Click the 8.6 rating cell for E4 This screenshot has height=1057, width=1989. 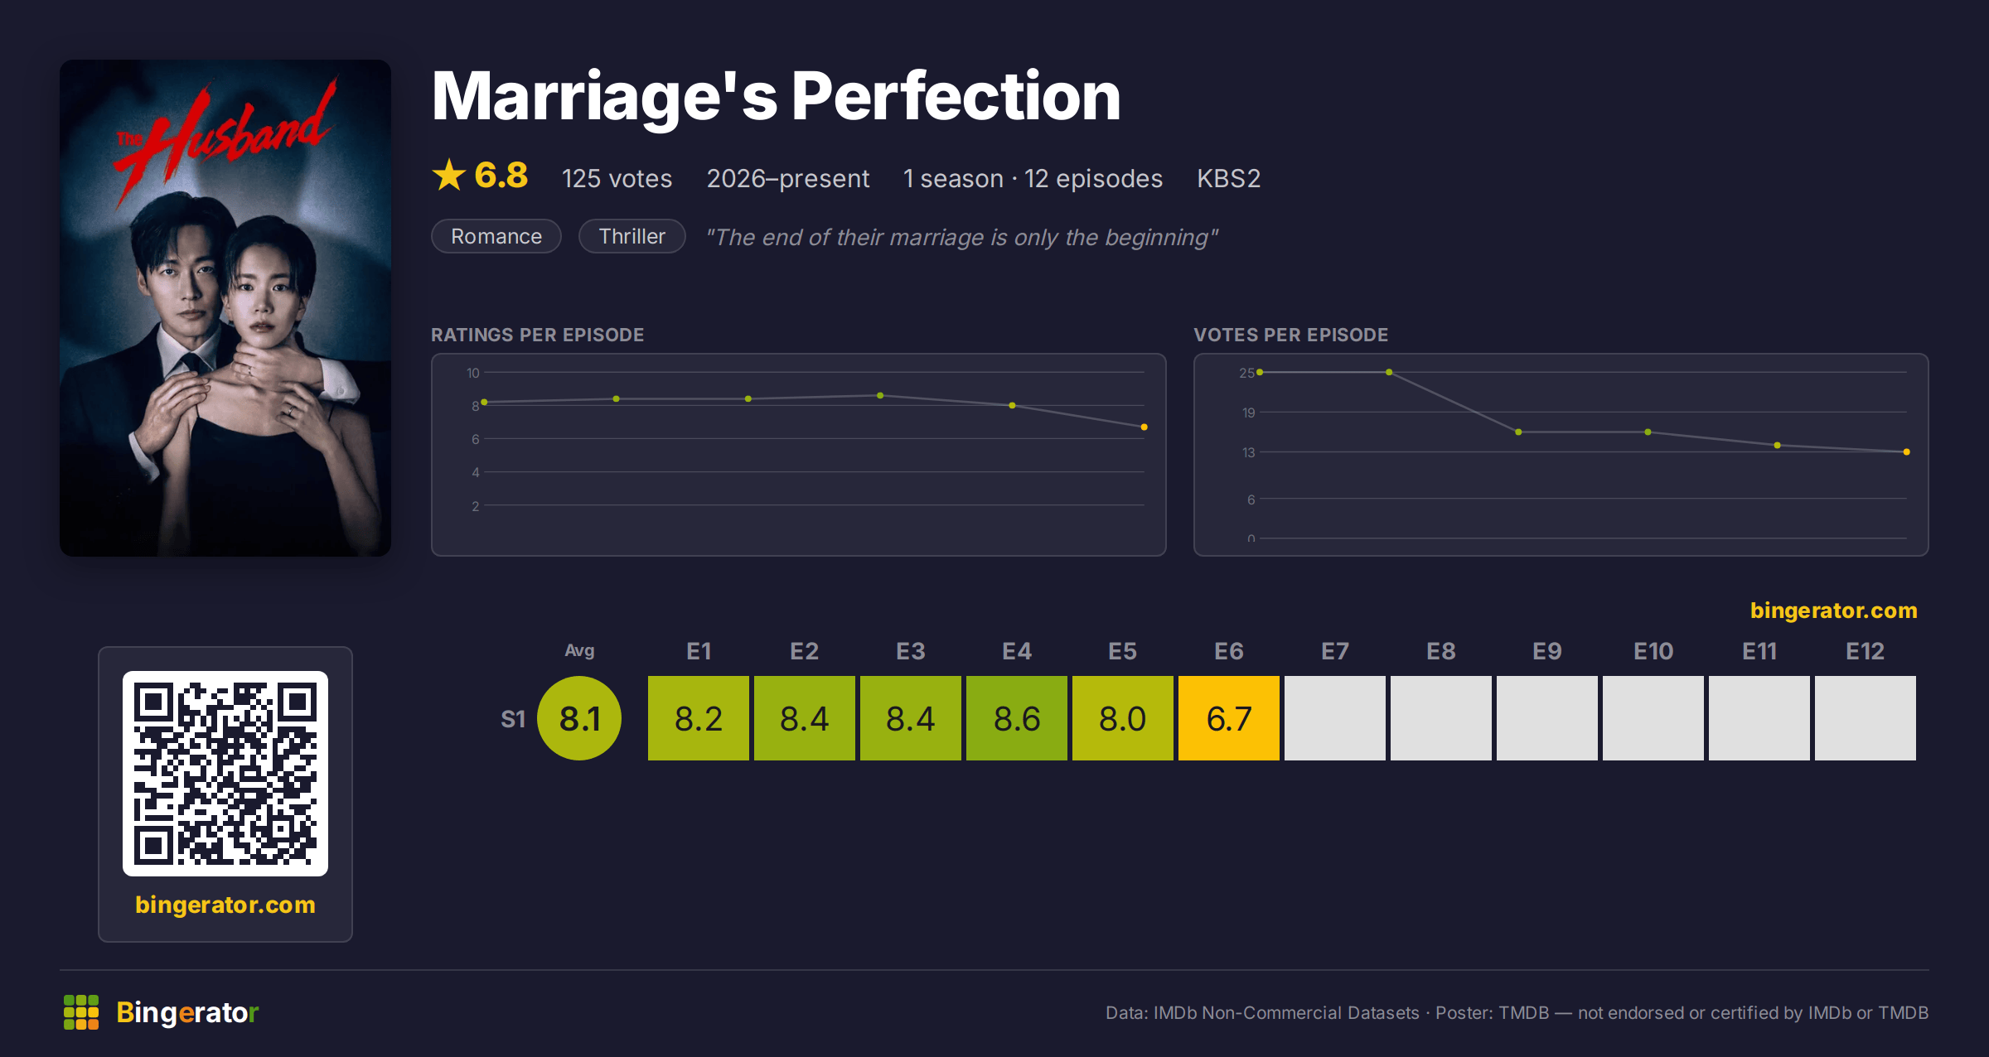click(x=1017, y=718)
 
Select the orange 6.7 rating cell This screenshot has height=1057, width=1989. click(x=1229, y=718)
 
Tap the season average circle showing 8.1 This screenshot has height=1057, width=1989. click(x=579, y=718)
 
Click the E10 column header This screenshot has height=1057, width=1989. click(x=1653, y=651)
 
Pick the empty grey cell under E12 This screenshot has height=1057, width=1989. click(x=1866, y=718)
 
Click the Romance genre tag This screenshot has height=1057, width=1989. click(x=496, y=236)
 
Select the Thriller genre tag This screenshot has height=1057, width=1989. click(x=632, y=236)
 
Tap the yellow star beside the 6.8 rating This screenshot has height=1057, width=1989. click(x=449, y=175)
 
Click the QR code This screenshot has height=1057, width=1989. click(x=225, y=774)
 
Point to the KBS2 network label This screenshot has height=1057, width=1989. click(x=1228, y=178)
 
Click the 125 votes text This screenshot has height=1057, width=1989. click(x=617, y=178)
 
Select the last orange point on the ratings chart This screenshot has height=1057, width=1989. click(x=1145, y=427)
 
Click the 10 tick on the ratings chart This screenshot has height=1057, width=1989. click(x=472, y=373)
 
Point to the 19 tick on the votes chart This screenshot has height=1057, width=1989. click(x=1248, y=413)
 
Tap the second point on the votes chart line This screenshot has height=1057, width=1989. click(x=1389, y=372)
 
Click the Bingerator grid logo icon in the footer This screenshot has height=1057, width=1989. click(x=81, y=1012)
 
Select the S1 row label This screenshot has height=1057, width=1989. click(x=513, y=719)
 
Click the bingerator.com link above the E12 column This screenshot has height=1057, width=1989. click(x=1833, y=611)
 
